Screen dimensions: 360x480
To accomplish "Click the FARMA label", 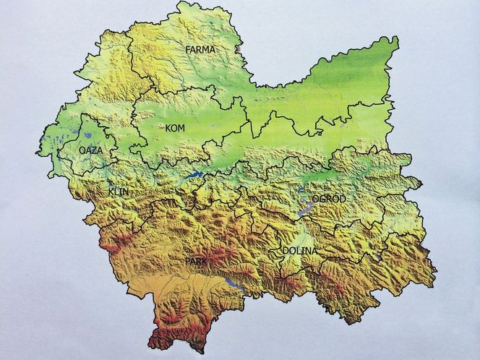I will point(200,50).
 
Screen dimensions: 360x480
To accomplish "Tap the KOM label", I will point(174,128).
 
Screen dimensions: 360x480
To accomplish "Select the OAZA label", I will point(90,150).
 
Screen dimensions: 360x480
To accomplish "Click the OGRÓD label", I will point(329,198).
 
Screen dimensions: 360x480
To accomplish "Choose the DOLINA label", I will point(299,251).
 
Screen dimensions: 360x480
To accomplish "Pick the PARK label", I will point(196,260).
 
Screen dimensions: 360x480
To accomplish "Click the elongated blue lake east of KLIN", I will point(192,176).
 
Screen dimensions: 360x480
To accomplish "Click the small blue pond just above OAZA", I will point(85,135).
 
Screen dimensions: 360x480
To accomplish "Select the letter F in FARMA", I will point(188,50).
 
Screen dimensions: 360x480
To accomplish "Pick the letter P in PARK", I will point(187,260).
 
